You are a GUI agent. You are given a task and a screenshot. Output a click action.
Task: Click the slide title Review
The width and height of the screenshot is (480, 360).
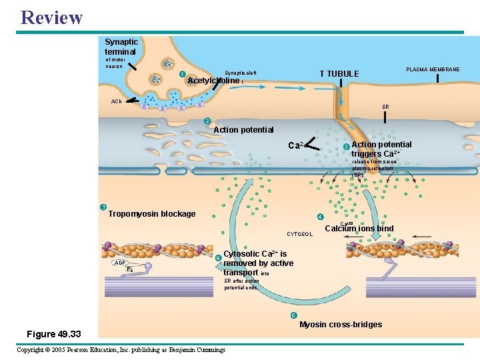[x=51, y=17]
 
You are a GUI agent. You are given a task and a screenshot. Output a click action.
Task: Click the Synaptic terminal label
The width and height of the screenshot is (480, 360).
[x=120, y=47]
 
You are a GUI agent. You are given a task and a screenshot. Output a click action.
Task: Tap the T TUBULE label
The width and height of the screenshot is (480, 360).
[x=339, y=74]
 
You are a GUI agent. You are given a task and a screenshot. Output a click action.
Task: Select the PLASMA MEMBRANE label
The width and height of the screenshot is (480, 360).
[x=433, y=69]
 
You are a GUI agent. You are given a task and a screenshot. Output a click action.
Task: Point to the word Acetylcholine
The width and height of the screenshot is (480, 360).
[x=213, y=81]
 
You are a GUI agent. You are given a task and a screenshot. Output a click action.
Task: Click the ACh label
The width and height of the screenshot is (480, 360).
[x=117, y=101]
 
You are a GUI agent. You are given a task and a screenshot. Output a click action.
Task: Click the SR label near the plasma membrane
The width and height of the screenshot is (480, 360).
[x=385, y=107]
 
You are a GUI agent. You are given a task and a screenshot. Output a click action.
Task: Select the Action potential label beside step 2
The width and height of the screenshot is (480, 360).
[x=243, y=129]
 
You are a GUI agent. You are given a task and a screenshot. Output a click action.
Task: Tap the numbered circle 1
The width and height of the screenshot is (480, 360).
[x=182, y=73]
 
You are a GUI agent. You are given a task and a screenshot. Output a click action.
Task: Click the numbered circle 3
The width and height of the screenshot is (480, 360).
[x=345, y=147]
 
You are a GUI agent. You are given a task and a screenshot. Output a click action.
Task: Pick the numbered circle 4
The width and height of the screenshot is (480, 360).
[x=320, y=217]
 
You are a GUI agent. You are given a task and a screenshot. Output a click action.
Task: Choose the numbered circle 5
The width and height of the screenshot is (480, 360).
[x=293, y=315]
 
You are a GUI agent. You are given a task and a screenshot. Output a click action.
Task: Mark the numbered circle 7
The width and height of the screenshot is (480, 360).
[x=103, y=207]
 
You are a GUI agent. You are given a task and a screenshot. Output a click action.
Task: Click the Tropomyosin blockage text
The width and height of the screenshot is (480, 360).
[x=152, y=214]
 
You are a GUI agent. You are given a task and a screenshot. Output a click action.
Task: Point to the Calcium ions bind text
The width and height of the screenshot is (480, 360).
[x=359, y=229]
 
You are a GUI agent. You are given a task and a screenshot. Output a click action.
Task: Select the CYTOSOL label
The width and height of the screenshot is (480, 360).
[x=299, y=234]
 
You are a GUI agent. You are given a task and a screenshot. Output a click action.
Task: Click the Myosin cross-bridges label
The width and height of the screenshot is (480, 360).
[x=341, y=325]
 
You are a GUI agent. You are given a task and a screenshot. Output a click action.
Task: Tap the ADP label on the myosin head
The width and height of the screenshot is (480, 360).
[x=120, y=263]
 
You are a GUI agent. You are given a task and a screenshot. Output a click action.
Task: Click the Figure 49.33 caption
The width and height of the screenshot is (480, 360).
[x=53, y=333]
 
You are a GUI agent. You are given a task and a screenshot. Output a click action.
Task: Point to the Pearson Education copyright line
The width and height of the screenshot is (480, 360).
[x=121, y=350]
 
